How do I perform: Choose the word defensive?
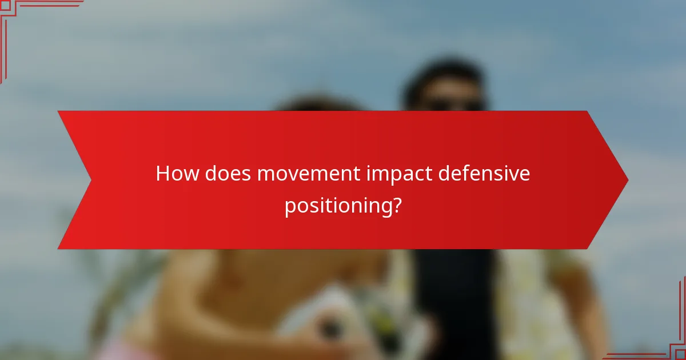(x=485, y=174)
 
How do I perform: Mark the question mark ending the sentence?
(x=394, y=205)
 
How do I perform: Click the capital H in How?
(x=162, y=174)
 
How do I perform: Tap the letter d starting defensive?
(x=445, y=174)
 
